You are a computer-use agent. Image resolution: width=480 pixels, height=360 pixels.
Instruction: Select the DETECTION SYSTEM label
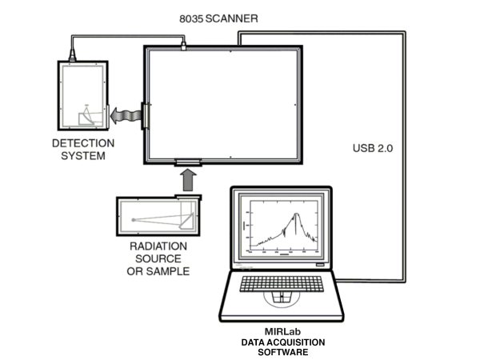pyautogui.click(x=83, y=150)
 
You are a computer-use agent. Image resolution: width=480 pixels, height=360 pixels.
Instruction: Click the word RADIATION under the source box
pyautogui.click(x=158, y=246)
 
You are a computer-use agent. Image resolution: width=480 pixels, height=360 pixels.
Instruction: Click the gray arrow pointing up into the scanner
pyautogui.click(x=188, y=181)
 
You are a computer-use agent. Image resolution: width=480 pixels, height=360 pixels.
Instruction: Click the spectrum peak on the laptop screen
pyautogui.click(x=296, y=214)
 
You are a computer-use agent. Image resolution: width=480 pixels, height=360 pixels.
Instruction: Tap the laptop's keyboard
pyautogui.click(x=278, y=285)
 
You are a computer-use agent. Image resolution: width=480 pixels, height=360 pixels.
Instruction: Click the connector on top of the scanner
pyautogui.click(x=182, y=47)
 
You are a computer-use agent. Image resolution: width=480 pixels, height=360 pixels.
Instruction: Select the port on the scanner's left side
pyautogui.click(x=144, y=116)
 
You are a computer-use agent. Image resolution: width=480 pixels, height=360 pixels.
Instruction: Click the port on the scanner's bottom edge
pyautogui.click(x=188, y=163)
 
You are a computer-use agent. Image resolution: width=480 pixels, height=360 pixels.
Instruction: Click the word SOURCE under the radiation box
pyautogui.click(x=158, y=258)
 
